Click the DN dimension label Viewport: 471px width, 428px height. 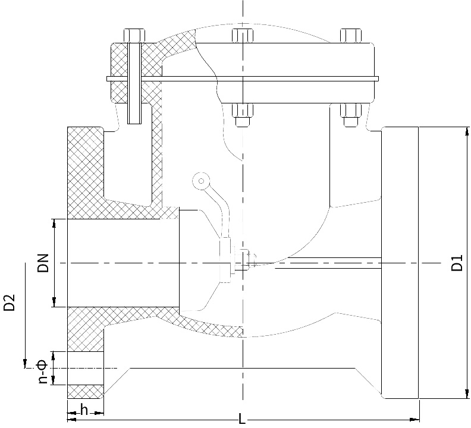(x=43, y=261)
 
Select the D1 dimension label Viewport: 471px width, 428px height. (x=457, y=263)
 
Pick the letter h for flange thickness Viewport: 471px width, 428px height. (x=84, y=410)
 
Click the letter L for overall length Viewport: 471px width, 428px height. (x=242, y=419)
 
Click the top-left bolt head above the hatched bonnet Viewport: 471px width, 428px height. (x=134, y=35)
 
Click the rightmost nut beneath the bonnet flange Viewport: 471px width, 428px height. (x=350, y=114)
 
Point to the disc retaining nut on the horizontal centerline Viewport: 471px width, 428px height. (x=250, y=259)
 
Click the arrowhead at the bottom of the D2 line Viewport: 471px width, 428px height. (x=26, y=363)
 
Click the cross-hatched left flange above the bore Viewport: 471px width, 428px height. (x=86, y=172)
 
